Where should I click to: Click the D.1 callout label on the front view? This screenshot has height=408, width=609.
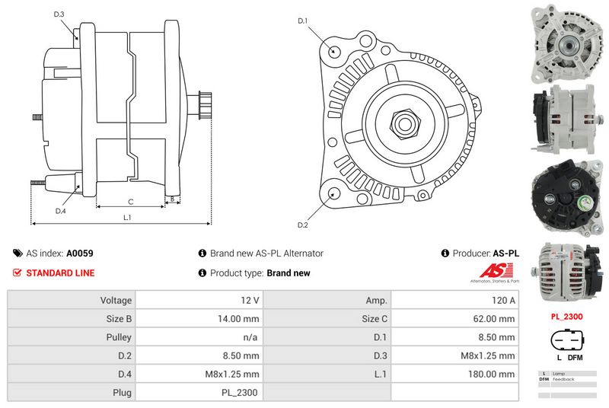click(302, 21)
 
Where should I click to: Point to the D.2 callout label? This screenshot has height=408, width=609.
click(302, 225)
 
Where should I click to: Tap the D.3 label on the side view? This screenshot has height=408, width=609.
click(59, 14)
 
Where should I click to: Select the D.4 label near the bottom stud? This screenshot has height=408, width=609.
click(60, 211)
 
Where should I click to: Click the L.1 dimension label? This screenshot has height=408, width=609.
click(128, 218)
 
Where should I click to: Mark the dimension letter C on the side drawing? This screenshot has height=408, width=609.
click(131, 202)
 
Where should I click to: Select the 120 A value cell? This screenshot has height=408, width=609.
click(454, 301)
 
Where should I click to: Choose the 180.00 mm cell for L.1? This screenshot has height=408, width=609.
click(454, 374)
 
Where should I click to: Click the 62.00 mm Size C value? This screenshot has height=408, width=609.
click(454, 319)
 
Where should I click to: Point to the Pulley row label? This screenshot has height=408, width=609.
click(72, 337)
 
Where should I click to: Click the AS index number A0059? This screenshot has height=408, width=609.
click(80, 253)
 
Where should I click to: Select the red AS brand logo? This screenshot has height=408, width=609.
click(497, 271)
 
